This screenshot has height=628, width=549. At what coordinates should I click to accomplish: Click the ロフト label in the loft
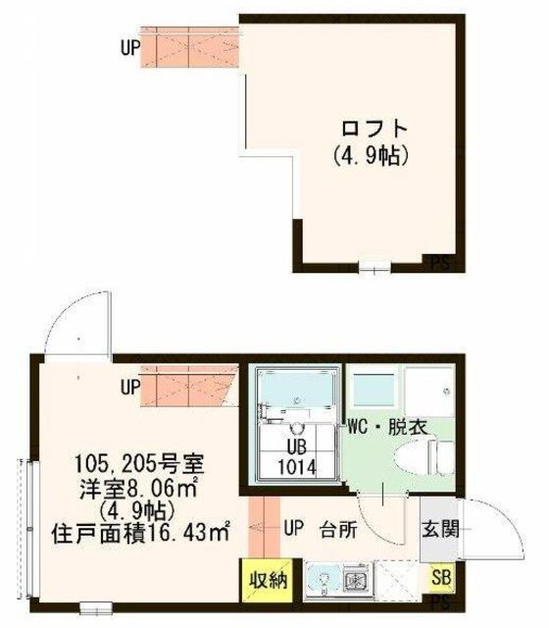(374, 129)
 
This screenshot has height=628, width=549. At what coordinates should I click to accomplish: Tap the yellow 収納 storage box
(267, 580)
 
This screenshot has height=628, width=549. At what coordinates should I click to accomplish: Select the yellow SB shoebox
(442, 578)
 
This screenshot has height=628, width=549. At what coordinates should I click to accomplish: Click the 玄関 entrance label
(440, 530)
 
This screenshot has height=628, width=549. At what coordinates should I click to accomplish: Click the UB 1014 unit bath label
(297, 456)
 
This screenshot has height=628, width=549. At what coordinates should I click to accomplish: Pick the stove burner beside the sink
(354, 580)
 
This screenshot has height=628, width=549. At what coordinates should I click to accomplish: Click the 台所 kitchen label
(338, 530)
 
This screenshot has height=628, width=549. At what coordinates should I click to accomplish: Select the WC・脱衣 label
(387, 427)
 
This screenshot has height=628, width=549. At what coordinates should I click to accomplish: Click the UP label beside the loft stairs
(130, 48)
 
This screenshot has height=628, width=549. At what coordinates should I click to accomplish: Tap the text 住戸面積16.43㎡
(140, 534)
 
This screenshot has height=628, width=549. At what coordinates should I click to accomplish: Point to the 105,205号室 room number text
(139, 464)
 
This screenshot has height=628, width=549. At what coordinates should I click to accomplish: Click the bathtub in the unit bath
(296, 389)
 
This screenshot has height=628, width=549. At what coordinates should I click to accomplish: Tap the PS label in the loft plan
(440, 264)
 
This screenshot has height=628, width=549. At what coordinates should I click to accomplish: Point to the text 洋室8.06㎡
(138, 488)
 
